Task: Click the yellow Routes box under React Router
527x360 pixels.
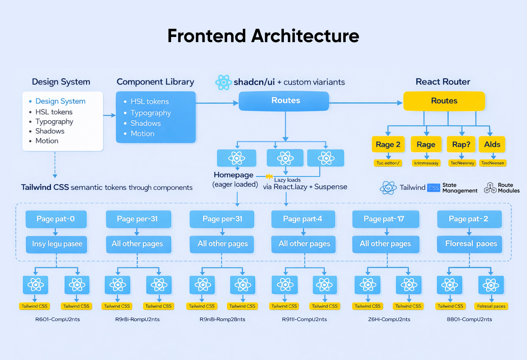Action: (444, 101)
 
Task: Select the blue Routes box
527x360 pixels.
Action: (284, 101)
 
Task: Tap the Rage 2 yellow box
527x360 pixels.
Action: (388, 144)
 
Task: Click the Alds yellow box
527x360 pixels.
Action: (492, 144)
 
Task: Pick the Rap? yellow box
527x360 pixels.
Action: (461, 144)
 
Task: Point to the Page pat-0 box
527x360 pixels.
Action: (56, 219)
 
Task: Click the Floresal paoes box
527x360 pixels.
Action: (469, 244)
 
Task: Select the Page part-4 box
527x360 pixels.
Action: (303, 219)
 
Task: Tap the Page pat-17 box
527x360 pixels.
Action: (385, 219)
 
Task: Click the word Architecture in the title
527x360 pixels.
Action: (305, 36)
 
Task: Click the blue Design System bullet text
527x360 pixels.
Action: (60, 101)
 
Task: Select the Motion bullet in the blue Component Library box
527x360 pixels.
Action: (142, 134)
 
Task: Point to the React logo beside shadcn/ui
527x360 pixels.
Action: (223, 82)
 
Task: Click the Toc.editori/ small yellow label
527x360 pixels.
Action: (388, 163)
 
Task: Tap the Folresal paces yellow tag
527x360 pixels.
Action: (491, 306)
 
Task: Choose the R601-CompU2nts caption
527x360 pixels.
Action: (58, 319)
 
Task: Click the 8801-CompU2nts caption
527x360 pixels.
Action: (469, 319)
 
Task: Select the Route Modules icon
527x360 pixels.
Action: (490, 188)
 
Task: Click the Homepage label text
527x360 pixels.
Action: (234, 175)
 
